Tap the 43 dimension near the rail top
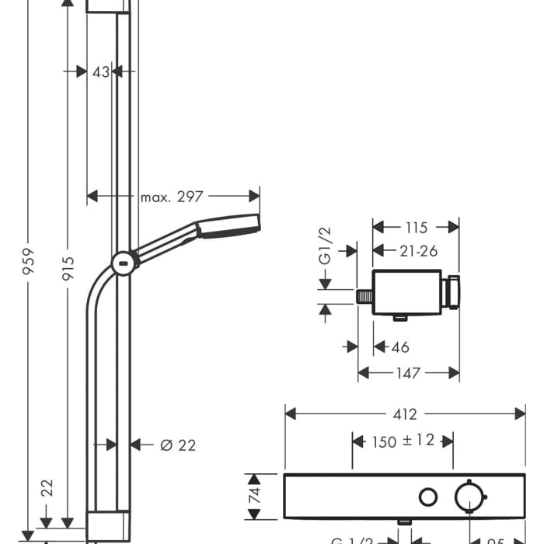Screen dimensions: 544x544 pyautogui.click(x=100, y=71)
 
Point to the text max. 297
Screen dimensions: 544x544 pyautogui.click(x=171, y=197)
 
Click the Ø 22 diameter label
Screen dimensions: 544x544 pyautogui.click(x=178, y=445)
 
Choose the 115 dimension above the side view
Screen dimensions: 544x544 pyautogui.click(x=416, y=228)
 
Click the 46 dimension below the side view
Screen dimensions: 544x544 pyautogui.click(x=401, y=347)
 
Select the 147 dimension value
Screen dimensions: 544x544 pyautogui.click(x=408, y=374)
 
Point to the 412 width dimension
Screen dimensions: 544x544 pyautogui.click(x=406, y=415)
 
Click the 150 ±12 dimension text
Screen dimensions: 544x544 pyautogui.click(x=403, y=441)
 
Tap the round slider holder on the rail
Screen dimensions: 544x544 pyautogui.click(x=124, y=263)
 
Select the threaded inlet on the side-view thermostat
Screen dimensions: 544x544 pyautogui.click(x=364, y=296)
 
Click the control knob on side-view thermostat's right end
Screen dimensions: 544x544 pyautogui.click(x=451, y=292)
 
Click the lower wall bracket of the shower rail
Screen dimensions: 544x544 pyautogui.click(x=106, y=525)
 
